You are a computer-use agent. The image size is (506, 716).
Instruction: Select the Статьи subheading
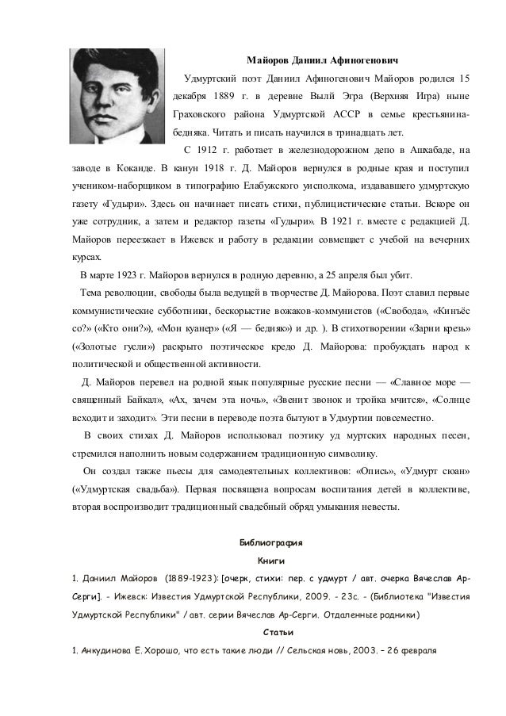tap(270, 633)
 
